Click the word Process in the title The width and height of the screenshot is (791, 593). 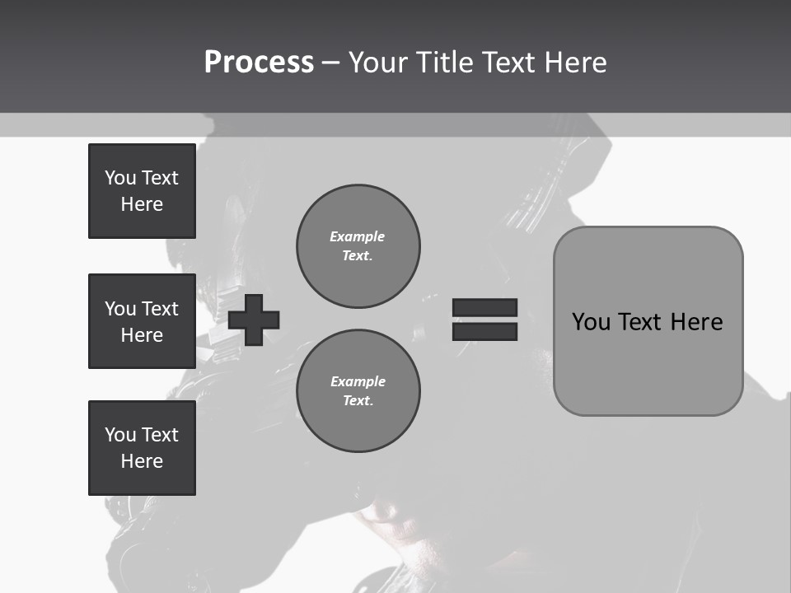(x=259, y=63)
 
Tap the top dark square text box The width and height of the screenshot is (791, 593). (x=142, y=191)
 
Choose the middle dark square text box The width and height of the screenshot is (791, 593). (x=142, y=321)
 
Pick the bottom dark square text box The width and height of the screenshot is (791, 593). (x=142, y=448)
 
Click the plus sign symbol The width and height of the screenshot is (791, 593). (x=254, y=319)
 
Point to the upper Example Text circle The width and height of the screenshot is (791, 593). (x=358, y=245)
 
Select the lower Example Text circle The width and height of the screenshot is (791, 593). (x=358, y=390)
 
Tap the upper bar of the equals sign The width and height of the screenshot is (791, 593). (x=484, y=307)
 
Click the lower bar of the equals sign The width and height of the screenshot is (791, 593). (x=484, y=331)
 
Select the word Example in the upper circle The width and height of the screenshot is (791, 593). (x=358, y=236)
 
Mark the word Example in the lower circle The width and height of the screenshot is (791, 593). (x=358, y=381)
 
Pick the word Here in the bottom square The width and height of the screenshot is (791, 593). (x=142, y=461)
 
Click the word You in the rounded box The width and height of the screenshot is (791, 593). (x=591, y=322)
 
